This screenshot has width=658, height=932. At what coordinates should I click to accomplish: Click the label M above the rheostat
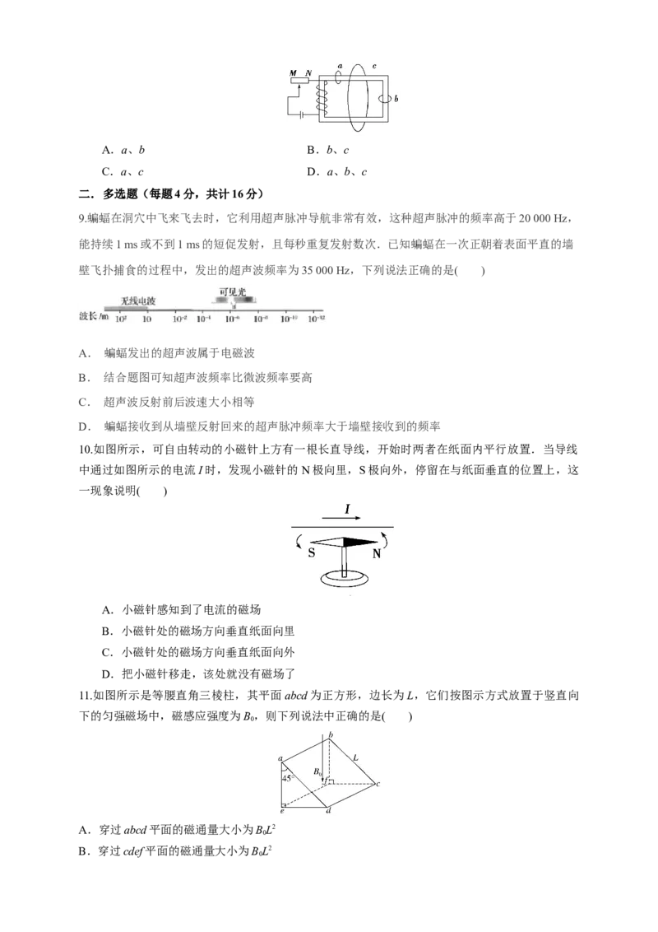[293, 73]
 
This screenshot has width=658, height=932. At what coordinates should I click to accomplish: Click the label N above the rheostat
[308, 73]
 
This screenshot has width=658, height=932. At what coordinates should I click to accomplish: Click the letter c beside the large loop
[374, 66]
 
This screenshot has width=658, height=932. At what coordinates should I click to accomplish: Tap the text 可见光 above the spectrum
[232, 291]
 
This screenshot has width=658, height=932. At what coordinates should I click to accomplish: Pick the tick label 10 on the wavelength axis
[146, 318]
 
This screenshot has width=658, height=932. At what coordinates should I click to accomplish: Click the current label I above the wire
[347, 510]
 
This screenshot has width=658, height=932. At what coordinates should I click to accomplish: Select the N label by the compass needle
[377, 555]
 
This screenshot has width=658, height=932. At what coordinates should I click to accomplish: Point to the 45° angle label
[289, 777]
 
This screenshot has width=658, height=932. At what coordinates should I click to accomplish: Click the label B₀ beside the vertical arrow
[317, 772]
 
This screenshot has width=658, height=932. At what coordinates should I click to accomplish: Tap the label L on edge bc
[354, 757]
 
